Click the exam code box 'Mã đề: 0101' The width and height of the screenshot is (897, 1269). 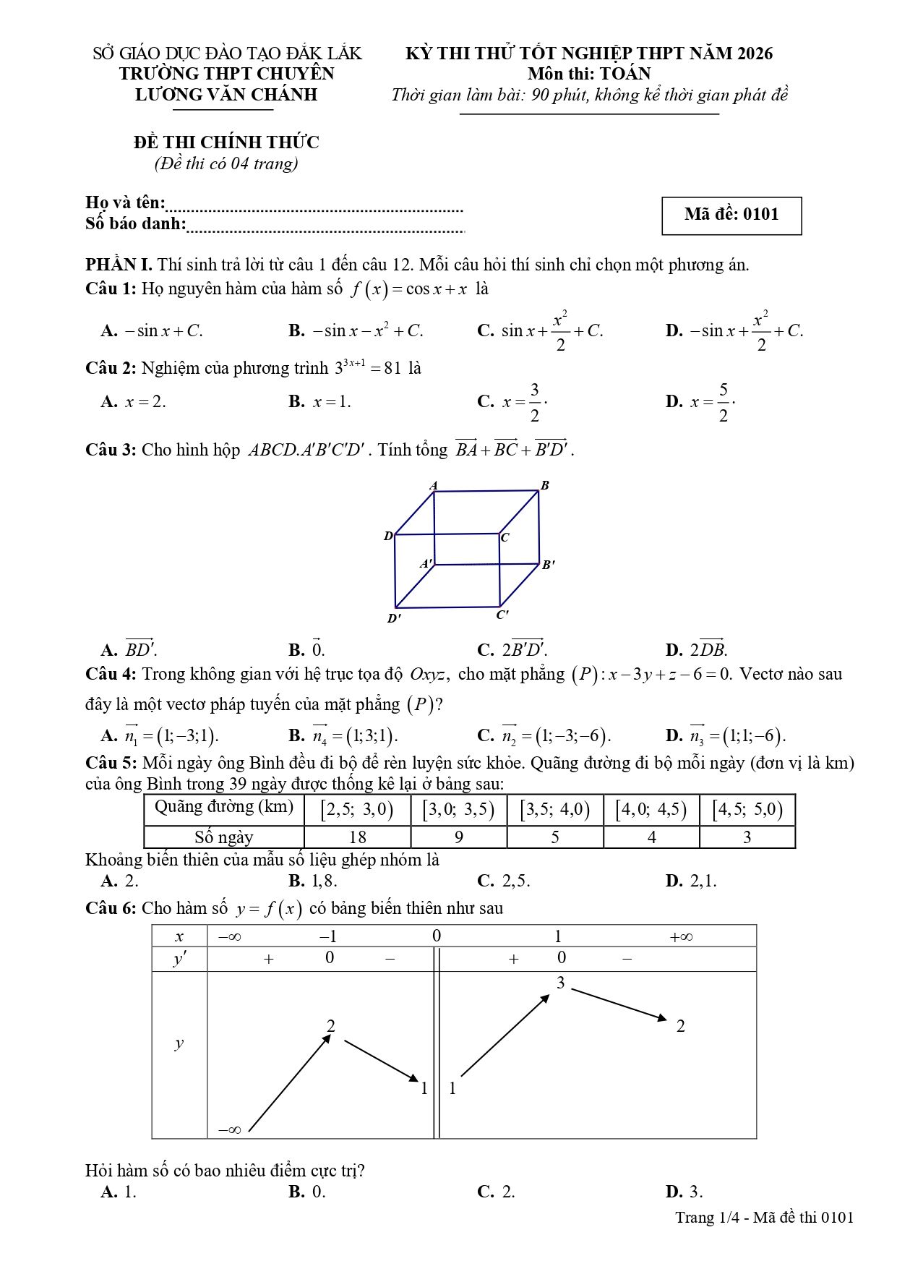[x=731, y=215]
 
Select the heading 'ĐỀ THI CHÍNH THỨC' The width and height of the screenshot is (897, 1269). [x=226, y=142]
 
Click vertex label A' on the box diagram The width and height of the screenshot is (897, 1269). [x=427, y=563]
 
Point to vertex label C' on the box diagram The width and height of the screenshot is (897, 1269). [x=502, y=615]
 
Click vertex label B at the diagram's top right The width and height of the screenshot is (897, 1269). [x=545, y=485]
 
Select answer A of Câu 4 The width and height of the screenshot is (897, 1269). [x=160, y=735]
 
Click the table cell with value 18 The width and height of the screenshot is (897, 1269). [x=357, y=837]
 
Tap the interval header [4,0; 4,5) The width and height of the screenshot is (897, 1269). [x=651, y=809]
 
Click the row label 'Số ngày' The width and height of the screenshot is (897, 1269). [x=223, y=837]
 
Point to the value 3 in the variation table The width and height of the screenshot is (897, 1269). [x=561, y=983]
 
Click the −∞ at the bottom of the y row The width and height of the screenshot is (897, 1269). [x=229, y=1129]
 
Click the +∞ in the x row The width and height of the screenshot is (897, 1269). [x=681, y=937]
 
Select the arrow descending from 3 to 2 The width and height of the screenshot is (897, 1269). [x=619, y=1004]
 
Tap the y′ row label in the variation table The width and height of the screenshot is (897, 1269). [x=179, y=959]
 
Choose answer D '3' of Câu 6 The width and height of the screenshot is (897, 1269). [x=685, y=1192]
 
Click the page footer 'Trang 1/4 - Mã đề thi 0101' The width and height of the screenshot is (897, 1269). [x=764, y=1217]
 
